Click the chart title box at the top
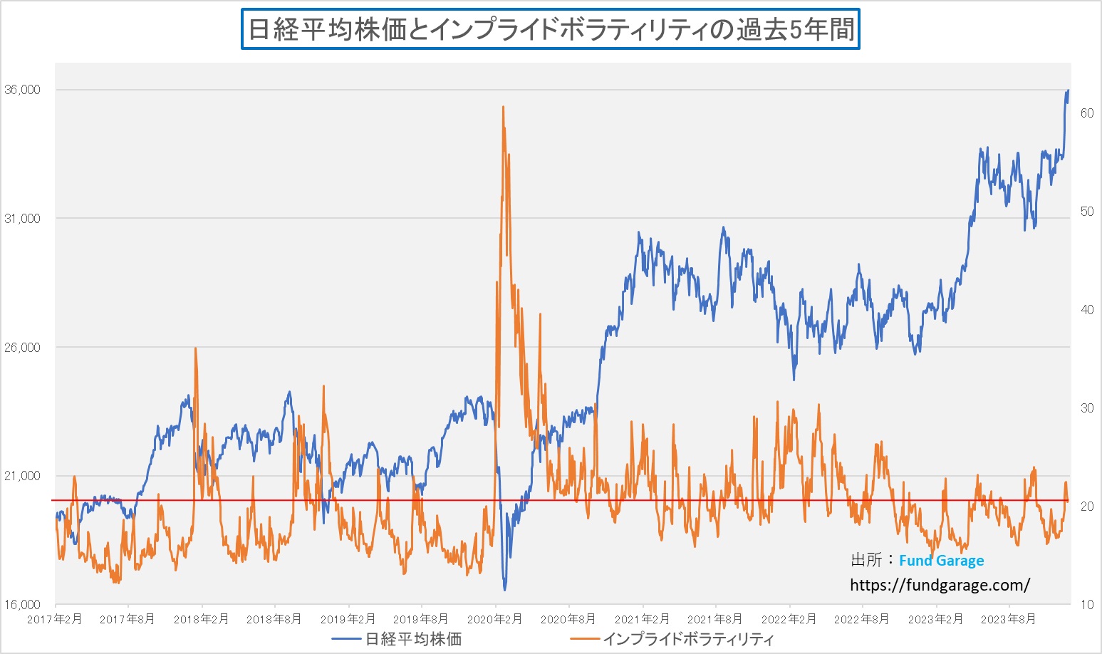point(550,29)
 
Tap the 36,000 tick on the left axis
point(23,90)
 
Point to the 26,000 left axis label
point(23,348)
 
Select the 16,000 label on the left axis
point(23,605)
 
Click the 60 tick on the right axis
point(1086,113)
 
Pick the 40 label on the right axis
point(1086,310)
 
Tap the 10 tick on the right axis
point(1086,605)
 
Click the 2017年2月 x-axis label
point(54,619)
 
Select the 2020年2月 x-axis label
point(494,619)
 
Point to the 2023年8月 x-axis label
point(1008,619)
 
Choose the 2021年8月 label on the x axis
point(714,619)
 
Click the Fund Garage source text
point(941,561)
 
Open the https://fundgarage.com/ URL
point(940,586)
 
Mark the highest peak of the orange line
point(503,108)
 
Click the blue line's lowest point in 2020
point(505,589)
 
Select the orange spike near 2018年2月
point(195,348)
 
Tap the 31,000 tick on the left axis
point(23,219)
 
